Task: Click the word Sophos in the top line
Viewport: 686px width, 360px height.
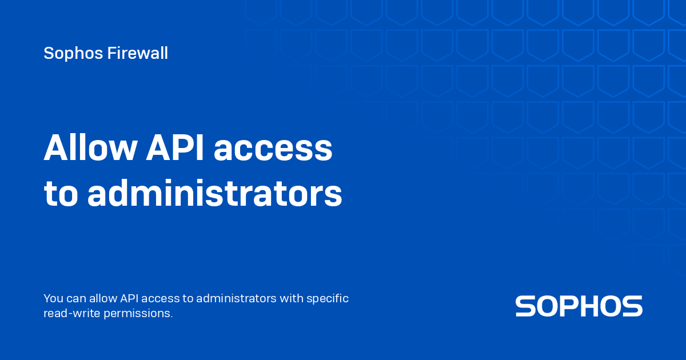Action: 73,53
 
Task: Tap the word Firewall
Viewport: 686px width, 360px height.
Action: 138,53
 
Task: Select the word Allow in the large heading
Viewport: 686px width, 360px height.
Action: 90,147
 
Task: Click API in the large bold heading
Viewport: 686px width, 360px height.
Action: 174,147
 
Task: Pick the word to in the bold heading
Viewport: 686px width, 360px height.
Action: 61,194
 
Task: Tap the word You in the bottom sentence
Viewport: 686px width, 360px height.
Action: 53,298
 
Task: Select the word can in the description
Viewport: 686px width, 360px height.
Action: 76,299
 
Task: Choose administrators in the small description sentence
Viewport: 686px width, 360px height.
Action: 236,298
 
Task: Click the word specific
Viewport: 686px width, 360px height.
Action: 328,299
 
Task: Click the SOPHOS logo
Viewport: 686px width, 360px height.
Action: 579,306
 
